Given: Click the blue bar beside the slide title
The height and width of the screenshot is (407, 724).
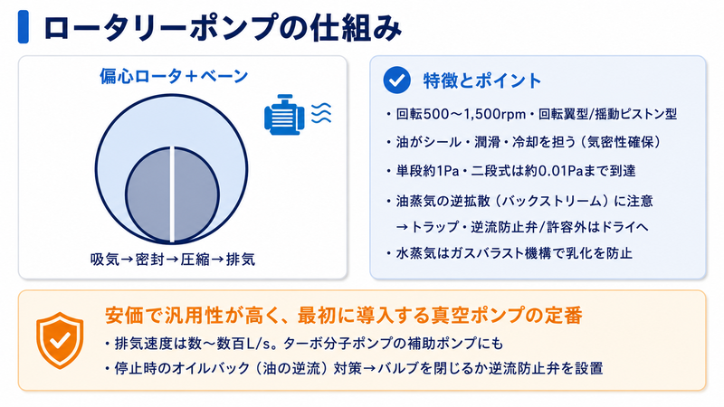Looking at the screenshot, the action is coord(24,27).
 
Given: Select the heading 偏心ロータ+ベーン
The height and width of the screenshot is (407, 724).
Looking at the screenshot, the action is coord(174,76).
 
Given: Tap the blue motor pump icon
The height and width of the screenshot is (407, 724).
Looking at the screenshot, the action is coord(284,115).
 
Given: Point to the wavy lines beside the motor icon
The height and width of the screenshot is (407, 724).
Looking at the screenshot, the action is coord(321,113).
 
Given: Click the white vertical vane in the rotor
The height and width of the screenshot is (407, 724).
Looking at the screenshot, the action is coord(172,194).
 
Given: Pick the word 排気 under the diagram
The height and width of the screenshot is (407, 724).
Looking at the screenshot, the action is coord(241,260).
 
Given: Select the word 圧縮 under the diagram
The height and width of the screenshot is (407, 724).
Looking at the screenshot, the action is coord(195,260).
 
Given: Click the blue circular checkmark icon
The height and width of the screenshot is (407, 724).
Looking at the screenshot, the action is coord(396,80).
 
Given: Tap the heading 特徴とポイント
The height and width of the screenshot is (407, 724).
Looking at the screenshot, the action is coord(482,80).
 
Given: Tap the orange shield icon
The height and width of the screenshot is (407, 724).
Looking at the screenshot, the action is coord(60,340).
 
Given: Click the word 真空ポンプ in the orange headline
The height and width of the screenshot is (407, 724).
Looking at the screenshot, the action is coord(477,316).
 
